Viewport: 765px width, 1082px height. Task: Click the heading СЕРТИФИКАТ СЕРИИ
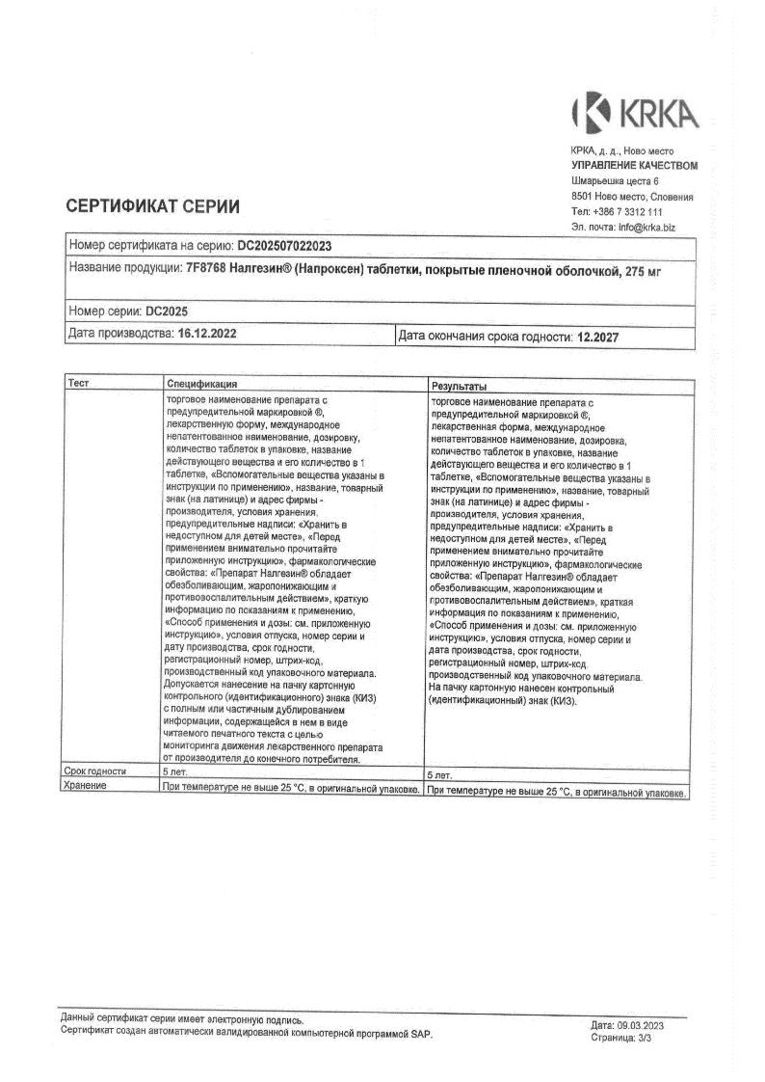(152, 205)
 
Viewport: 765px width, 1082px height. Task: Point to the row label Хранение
(85, 787)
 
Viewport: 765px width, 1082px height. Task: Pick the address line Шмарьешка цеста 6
(615, 180)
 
